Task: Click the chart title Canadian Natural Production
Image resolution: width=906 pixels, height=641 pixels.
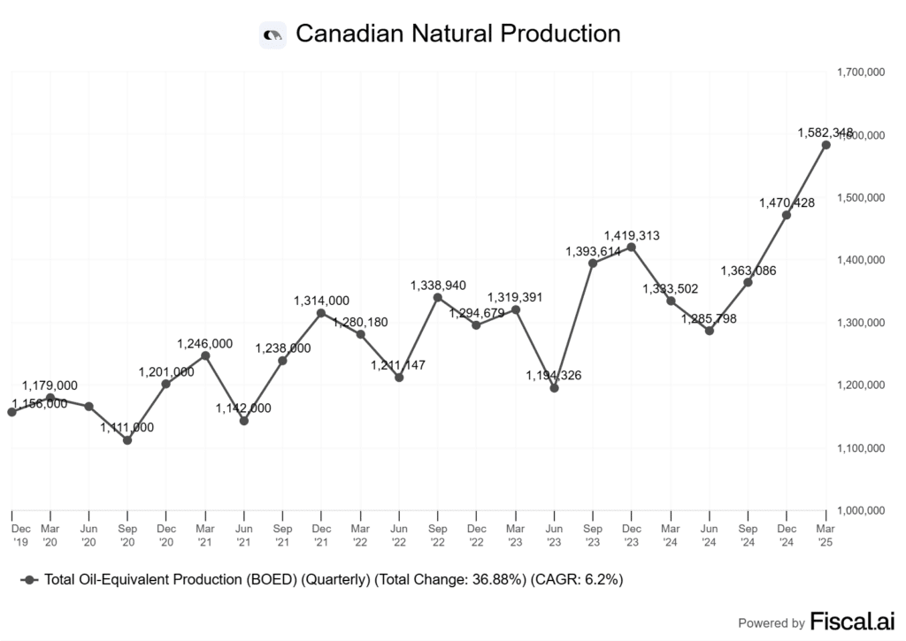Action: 457,34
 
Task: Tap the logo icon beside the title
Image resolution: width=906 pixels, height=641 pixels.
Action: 273,34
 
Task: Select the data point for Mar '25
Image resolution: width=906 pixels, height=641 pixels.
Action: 825,145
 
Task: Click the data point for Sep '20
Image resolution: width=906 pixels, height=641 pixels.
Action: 127,439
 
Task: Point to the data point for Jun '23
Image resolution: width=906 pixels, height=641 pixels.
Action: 554,387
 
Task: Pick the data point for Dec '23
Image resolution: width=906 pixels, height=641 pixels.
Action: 631,247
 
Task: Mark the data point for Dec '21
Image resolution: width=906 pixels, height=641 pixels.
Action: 321,313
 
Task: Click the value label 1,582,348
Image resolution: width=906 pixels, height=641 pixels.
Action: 824,133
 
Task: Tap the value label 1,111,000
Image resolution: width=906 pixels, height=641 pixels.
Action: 127,427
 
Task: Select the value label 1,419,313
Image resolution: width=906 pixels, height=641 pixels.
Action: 631,235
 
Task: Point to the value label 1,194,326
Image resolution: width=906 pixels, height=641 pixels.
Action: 554,376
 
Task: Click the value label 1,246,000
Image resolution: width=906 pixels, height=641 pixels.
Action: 205,343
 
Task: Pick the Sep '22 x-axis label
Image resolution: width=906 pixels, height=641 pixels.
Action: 437,533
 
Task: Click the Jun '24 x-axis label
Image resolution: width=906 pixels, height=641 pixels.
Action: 709,533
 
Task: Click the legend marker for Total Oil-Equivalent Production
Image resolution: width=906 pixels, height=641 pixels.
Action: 31,579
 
